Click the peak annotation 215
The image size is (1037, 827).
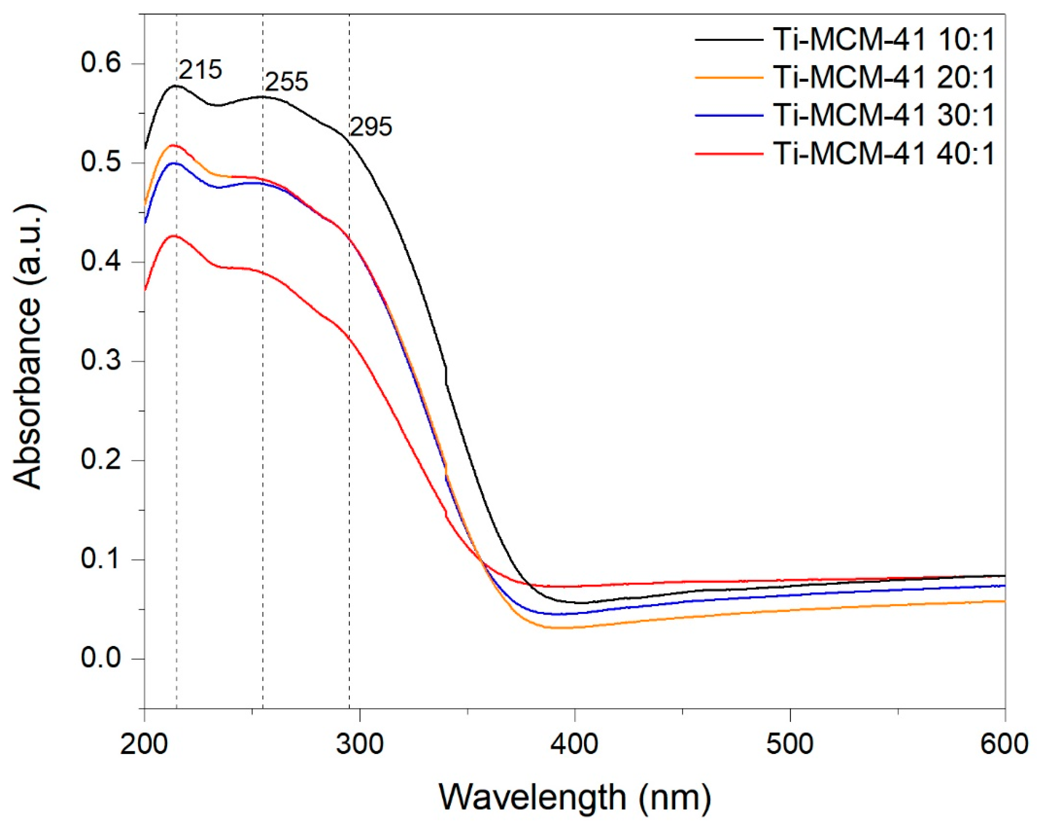(200, 70)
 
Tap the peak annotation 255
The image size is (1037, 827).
(286, 82)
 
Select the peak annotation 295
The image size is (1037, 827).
(370, 127)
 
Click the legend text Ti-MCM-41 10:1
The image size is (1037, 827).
(884, 40)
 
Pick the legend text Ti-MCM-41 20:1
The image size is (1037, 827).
(884, 77)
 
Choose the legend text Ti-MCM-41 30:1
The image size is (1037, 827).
(884, 115)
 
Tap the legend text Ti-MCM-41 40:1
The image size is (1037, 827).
(884, 154)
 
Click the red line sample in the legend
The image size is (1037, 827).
(729, 154)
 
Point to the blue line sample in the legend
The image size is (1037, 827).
(729, 115)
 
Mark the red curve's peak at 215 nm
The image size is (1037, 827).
(175, 236)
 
